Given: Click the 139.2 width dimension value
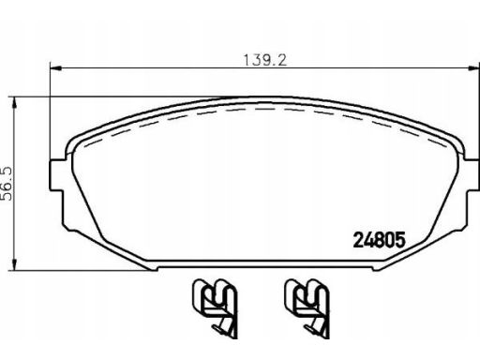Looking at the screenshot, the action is tap(264, 60).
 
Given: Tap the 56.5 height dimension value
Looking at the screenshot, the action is tap(7, 184).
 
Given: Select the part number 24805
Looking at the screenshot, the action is tap(379, 240).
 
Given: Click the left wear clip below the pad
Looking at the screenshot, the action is tap(215, 307).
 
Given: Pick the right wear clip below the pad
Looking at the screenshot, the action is tap(307, 307).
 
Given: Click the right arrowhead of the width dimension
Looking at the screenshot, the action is tap(473, 67).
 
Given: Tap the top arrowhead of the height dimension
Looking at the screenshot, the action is tap(14, 103).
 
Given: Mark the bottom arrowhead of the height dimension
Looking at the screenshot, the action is tap(14, 264).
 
